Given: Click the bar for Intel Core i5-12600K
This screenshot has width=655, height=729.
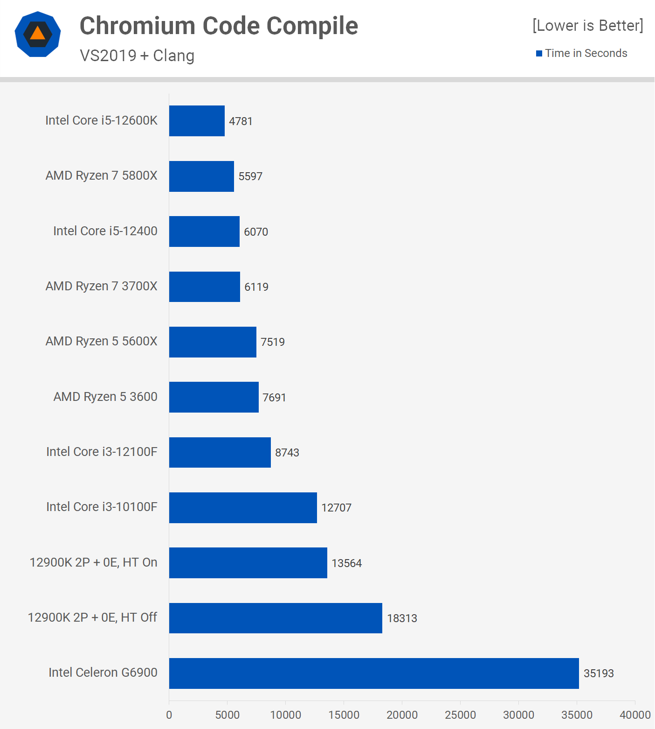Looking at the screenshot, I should click(197, 121).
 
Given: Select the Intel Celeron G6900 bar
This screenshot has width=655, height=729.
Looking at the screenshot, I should click(374, 673).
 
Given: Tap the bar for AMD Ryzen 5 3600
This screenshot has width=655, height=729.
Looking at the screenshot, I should click(214, 397).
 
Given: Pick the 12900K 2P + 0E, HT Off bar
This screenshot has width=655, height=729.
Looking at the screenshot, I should click(276, 618).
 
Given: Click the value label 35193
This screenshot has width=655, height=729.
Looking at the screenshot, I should click(599, 673).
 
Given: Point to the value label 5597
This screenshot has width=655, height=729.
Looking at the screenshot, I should click(250, 176).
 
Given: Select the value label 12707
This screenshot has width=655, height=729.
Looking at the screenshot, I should click(336, 508).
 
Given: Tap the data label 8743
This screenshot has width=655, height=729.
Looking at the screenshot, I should click(287, 453).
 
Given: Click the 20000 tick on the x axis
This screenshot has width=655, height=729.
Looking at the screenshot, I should click(402, 715).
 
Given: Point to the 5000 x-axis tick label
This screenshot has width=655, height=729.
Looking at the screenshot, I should click(227, 715).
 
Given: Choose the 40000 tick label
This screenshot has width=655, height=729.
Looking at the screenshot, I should click(634, 715).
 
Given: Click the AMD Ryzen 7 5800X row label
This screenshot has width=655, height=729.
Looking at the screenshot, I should click(102, 175).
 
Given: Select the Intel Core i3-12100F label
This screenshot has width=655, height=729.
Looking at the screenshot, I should click(102, 452).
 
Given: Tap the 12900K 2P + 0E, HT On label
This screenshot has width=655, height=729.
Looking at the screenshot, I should click(93, 562).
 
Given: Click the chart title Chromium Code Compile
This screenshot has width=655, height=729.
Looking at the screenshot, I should click(219, 26).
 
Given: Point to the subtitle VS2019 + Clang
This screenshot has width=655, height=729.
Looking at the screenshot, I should click(137, 56).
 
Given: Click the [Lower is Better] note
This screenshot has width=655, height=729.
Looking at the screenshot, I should click(587, 25).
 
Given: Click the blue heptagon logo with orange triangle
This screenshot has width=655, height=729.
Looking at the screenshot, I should click(38, 34).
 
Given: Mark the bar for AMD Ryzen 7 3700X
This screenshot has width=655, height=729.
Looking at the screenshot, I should click(204, 287).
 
